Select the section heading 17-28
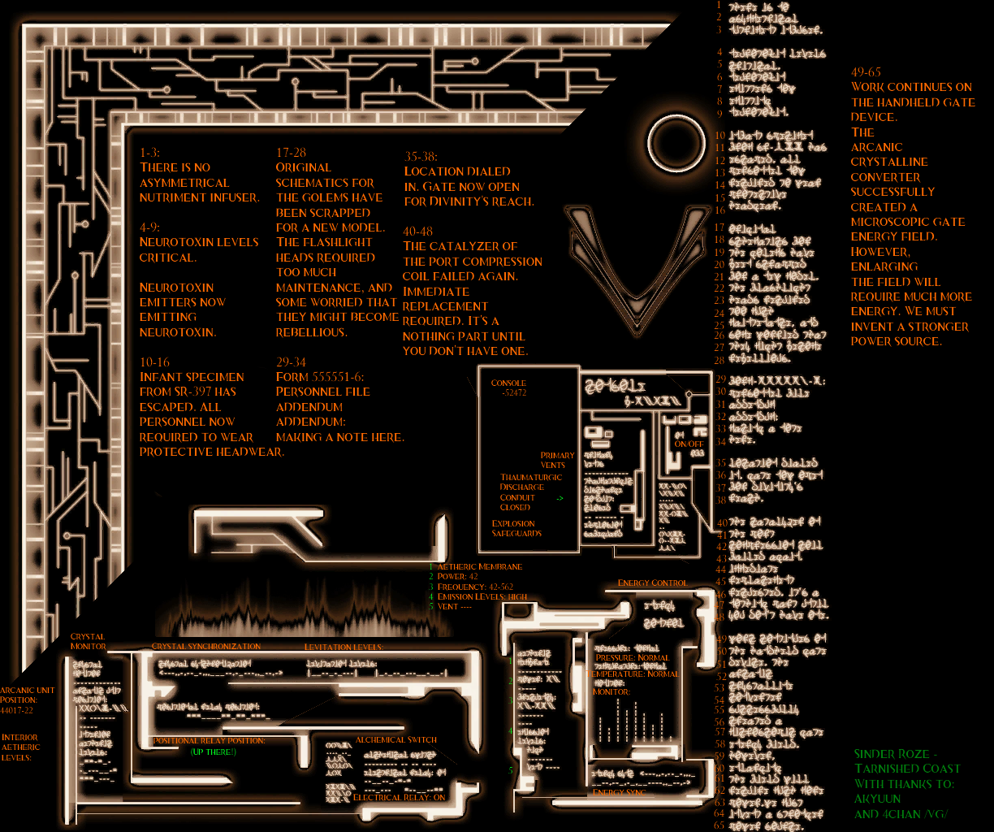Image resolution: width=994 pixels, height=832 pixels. point(291,152)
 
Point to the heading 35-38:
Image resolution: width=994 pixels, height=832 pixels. point(421,156)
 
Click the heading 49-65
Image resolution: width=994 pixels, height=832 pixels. point(866,71)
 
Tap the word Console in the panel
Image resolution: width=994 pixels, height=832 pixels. point(508,383)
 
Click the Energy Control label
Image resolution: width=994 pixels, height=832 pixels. point(652,583)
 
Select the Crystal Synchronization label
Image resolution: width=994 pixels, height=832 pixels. point(206,646)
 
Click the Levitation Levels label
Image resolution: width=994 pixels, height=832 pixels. point(344,647)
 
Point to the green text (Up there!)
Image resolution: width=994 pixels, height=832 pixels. point(213,752)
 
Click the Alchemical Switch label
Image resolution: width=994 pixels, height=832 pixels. point(395,739)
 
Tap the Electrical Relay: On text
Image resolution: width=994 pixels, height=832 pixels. point(400,797)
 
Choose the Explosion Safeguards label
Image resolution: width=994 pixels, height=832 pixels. point(516,528)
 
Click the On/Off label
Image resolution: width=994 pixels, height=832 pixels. point(689,444)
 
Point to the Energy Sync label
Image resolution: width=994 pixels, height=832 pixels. point(620,791)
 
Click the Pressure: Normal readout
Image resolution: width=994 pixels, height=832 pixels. point(632,657)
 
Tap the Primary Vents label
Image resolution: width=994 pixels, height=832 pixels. point(557,460)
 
